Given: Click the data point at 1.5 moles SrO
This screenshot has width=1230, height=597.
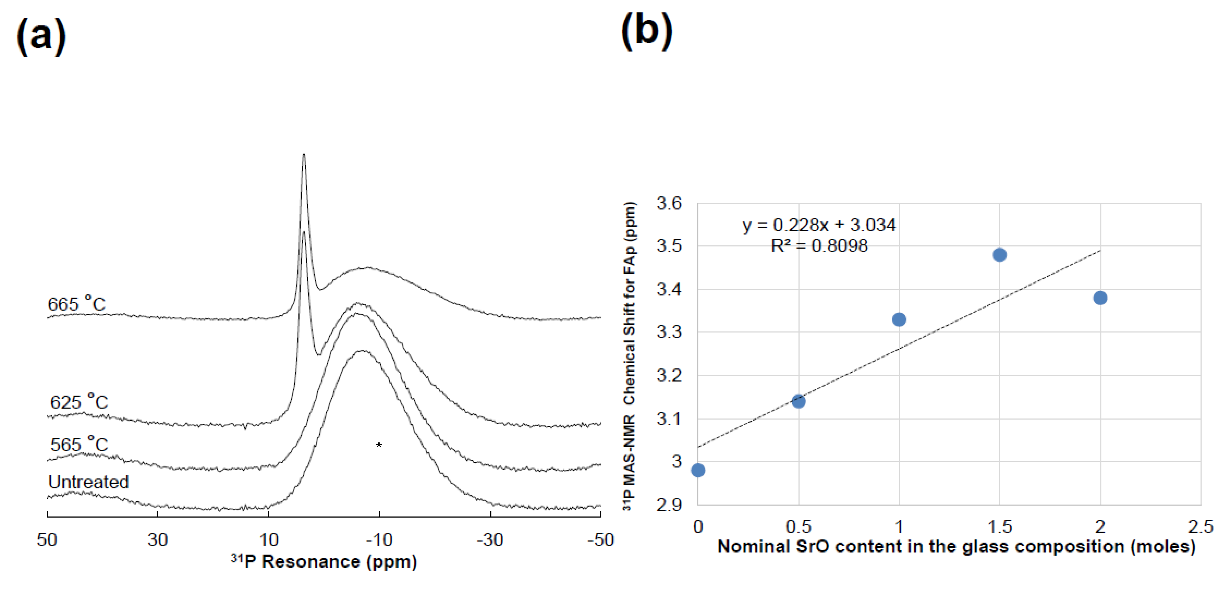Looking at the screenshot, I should point(999,255).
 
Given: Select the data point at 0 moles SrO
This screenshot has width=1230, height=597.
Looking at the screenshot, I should point(698,470).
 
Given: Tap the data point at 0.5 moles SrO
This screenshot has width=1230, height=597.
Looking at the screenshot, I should point(798,401).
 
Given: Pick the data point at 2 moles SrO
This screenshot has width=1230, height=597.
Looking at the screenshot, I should point(1100,298).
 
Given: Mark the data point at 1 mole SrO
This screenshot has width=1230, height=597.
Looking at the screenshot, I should point(899,319).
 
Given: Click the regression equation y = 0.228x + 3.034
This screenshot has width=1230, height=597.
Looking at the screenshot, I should point(819,225).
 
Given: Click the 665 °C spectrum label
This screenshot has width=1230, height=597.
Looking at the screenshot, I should point(76,304).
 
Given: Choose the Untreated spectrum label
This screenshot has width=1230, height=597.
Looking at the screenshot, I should point(88,482).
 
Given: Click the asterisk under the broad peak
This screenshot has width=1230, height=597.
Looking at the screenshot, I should point(379,446).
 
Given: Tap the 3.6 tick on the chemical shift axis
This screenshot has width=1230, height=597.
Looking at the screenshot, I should point(669,204).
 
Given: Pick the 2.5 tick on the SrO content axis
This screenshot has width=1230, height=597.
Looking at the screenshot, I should point(1200,527).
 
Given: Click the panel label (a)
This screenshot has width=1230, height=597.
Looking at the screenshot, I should point(41,36).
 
